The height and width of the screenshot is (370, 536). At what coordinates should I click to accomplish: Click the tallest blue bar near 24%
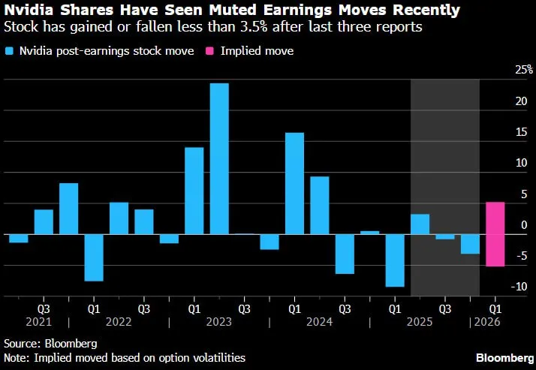(x=219, y=158)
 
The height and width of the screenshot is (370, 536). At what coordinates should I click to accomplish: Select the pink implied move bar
(x=495, y=234)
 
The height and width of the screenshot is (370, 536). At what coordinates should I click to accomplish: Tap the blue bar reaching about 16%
(x=295, y=183)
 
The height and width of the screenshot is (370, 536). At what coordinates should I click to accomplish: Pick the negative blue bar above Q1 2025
(x=395, y=260)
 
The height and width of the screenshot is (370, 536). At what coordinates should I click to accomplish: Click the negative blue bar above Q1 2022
(x=94, y=257)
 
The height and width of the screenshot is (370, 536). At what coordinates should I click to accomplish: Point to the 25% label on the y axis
(x=524, y=70)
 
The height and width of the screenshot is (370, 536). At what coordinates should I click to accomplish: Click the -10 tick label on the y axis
(x=519, y=286)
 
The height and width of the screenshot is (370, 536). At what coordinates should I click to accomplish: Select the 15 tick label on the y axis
(x=522, y=132)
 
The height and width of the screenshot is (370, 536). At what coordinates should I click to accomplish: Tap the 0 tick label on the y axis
(x=525, y=225)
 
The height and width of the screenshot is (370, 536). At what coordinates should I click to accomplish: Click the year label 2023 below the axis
(x=219, y=322)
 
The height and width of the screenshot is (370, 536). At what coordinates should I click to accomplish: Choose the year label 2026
(x=487, y=322)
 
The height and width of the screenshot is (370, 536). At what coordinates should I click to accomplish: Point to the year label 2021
(x=38, y=322)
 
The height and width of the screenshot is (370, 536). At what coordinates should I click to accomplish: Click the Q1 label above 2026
(x=495, y=309)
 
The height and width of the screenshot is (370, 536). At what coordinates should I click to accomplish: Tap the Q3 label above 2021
(x=44, y=309)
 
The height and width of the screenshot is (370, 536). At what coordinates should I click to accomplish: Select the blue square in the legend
(x=9, y=51)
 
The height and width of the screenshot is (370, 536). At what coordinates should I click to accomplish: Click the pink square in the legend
(x=209, y=51)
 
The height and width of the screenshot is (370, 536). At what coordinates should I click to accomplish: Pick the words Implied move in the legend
(x=257, y=51)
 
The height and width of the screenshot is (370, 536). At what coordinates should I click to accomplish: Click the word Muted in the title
(x=233, y=11)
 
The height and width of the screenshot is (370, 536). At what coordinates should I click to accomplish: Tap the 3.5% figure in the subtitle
(x=254, y=27)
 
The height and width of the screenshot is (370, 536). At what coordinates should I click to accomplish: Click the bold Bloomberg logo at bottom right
(x=504, y=358)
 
